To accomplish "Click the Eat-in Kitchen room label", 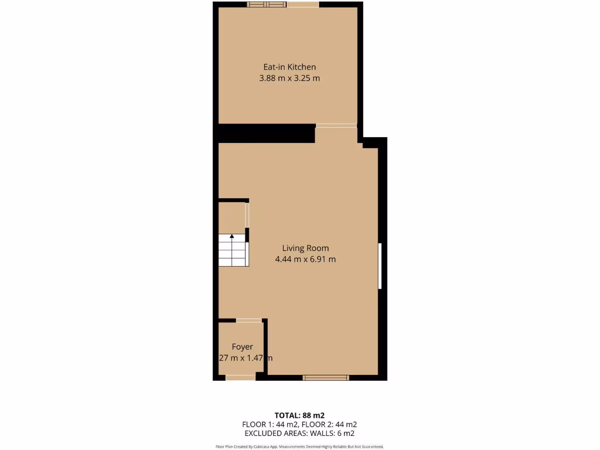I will coord(289,67).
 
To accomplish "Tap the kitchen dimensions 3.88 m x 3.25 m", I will coord(289,78).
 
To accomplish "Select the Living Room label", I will coord(305,248).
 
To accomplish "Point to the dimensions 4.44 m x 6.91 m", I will coord(305,259).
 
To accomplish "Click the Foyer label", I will coord(242,347).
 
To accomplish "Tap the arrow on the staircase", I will coord(232,237).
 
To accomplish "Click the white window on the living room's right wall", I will coord(380,266).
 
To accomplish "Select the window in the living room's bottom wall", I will coord(326,378).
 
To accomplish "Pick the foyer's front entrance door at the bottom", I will coord(240,377).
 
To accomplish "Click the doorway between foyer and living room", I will coord(249,321).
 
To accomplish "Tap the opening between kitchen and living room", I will coord(336,125).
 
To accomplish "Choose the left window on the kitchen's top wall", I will coord(267,5).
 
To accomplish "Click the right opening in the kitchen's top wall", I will coord(303,5).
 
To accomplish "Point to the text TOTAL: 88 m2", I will coord(300,415).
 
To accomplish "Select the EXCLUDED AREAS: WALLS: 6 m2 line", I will coord(300,434).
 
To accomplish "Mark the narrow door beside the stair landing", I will coord(247,215).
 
